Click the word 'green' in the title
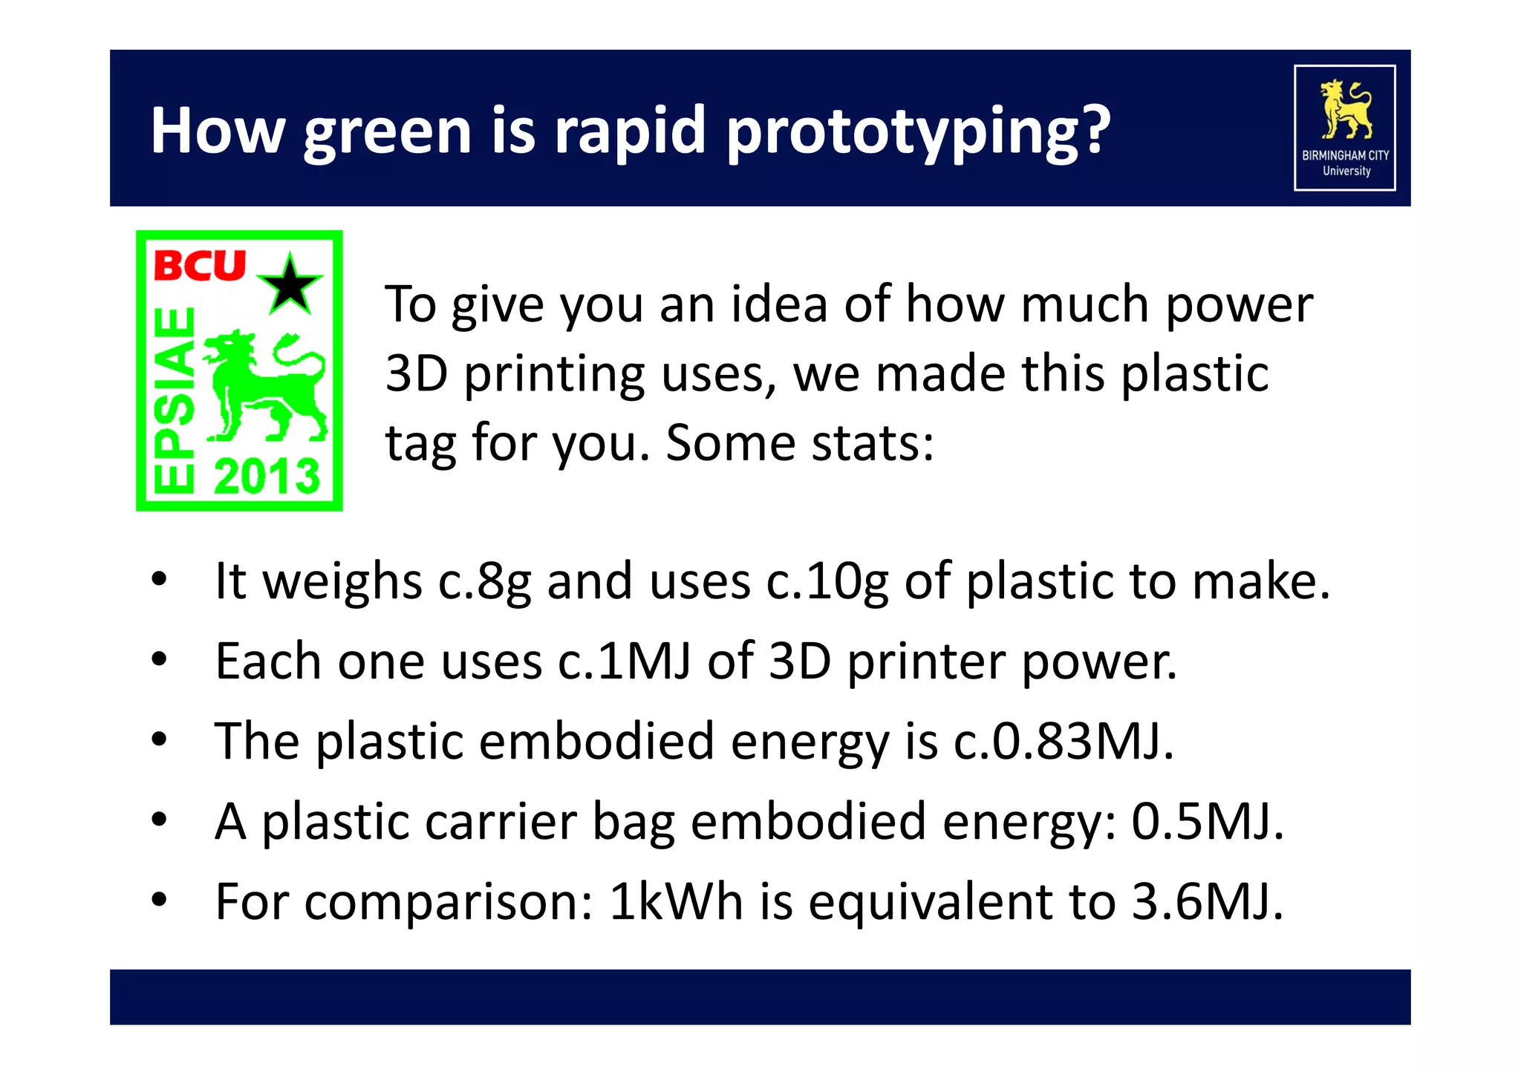click(388, 132)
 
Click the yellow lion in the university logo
click(1345, 110)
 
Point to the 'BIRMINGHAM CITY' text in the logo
click(1345, 155)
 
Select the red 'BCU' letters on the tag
click(199, 266)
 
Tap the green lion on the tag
click(264, 386)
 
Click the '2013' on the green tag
click(267, 476)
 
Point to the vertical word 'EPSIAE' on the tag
click(174, 401)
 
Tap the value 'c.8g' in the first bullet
click(483, 581)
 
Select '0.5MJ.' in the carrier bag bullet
click(1208, 822)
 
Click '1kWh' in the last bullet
click(676, 902)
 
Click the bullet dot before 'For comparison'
click(159, 900)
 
